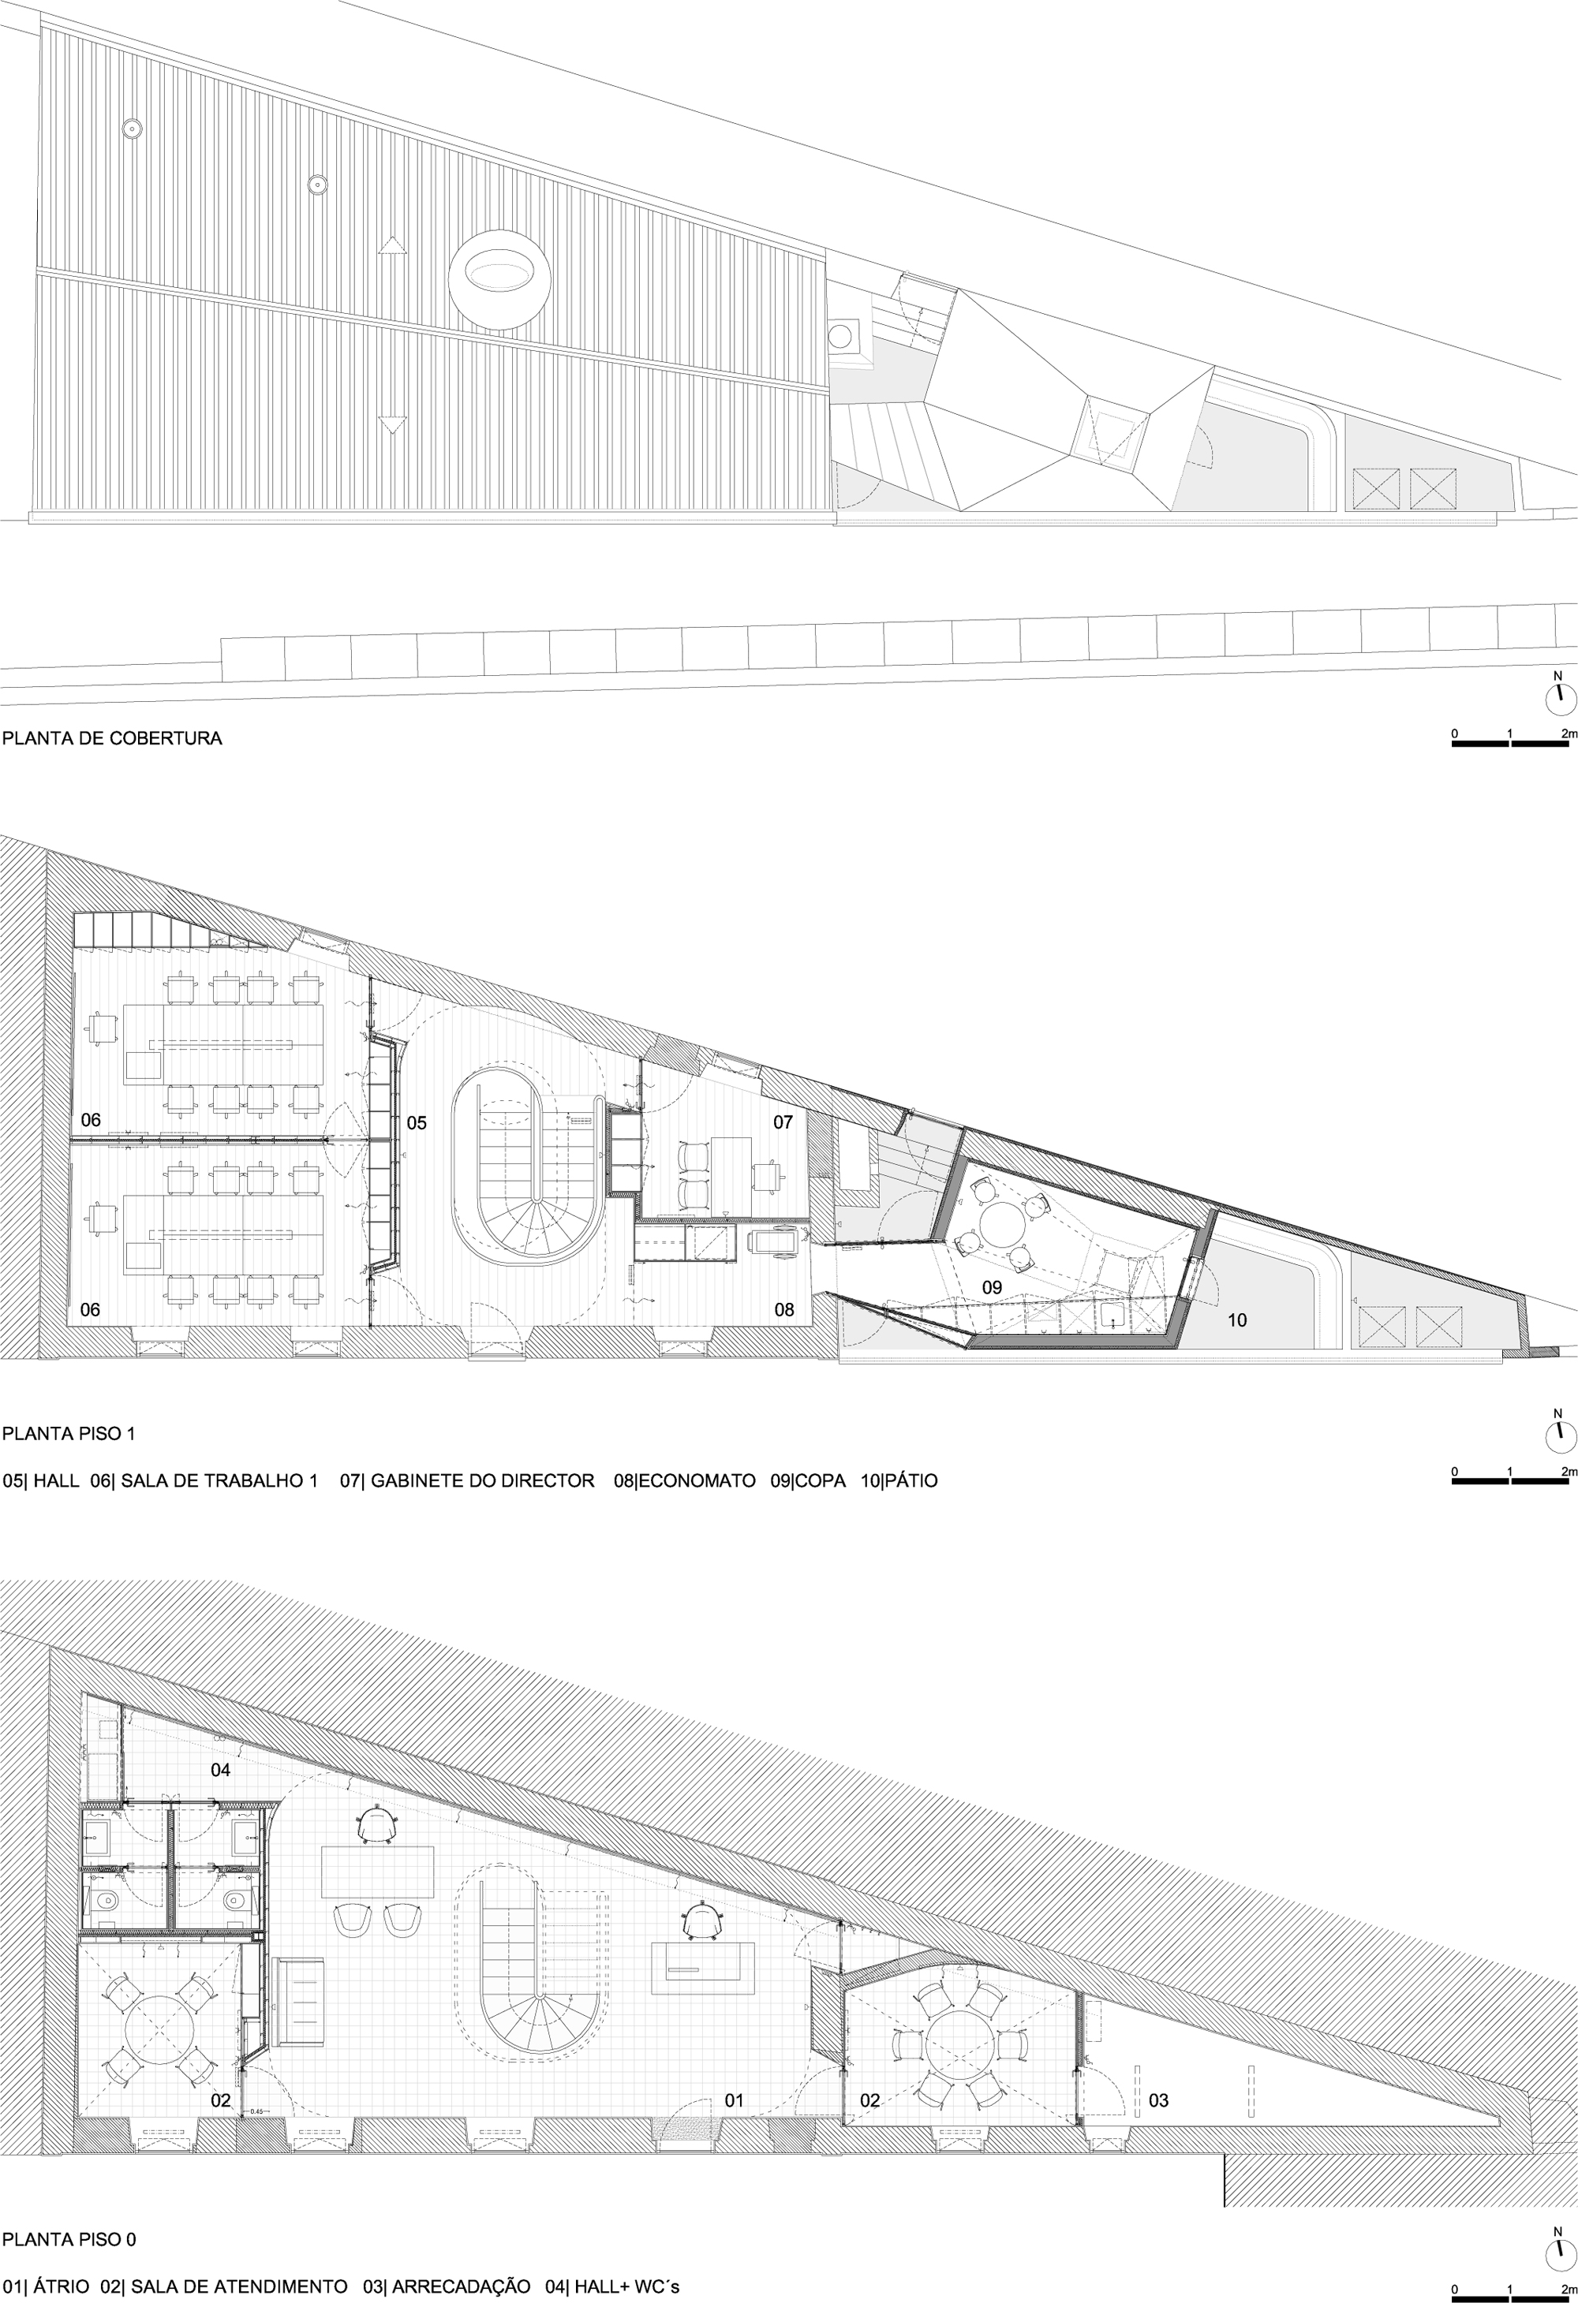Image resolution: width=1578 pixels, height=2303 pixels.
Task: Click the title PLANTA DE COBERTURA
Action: pyautogui.click(x=112, y=738)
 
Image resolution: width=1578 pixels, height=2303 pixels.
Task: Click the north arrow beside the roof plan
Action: pyautogui.click(x=1559, y=696)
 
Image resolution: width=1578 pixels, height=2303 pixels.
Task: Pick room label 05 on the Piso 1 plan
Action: pyautogui.click(x=417, y=1123)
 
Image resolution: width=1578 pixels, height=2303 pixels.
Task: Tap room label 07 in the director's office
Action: pyautogui.click(x=783, y=1123)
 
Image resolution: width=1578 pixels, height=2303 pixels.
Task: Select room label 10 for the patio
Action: pyautogui.click(x=1237, y=1320)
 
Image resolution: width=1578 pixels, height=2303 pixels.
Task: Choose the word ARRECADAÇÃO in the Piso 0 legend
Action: pyautogui.click(x=462, y=2279)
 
